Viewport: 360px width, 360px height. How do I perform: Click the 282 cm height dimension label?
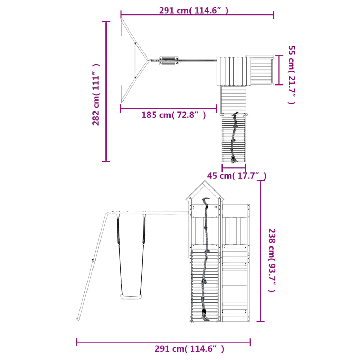[96, 94]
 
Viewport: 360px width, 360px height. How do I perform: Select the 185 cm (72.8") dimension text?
[174, 115]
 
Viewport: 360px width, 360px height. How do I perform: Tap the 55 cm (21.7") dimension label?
[291, 75]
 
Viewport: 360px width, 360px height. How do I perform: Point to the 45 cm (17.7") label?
[237, 176]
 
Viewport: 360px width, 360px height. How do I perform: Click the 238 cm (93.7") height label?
[272, 260]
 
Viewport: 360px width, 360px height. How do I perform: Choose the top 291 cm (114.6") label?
[194, 11]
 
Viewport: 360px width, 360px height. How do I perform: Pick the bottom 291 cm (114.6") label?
[189, 349]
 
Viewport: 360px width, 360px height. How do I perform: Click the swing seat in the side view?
[131, 297]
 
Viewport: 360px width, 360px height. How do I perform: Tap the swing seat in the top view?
[169, 60]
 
